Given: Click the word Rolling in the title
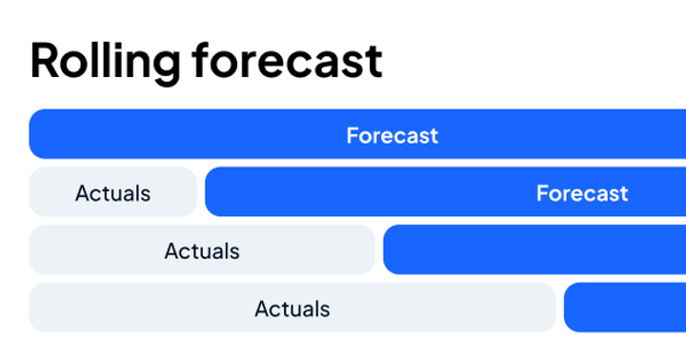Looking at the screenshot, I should click(x=105, y=61).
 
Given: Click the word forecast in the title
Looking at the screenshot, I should click(x=287, y=61).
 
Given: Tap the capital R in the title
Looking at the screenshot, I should click(x=45, y=61).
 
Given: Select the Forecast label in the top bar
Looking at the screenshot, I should click(x=392, y=135).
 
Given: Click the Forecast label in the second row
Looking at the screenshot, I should click(x=581, y=193).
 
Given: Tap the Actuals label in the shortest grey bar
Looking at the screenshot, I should click(x=112, y=193).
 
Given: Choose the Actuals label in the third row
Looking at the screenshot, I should click(x=201, y=251).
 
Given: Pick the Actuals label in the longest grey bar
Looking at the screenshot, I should click(x=292, y=309).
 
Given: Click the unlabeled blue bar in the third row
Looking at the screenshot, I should click(x=534, y=250).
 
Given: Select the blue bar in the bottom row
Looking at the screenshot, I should click(x=625, y=308).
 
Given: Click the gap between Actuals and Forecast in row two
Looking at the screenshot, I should click(x=201, y=192).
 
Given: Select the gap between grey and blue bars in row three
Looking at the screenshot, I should click(x=379, y=250).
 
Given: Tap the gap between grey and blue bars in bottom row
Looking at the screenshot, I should click(x=560, y=308).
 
